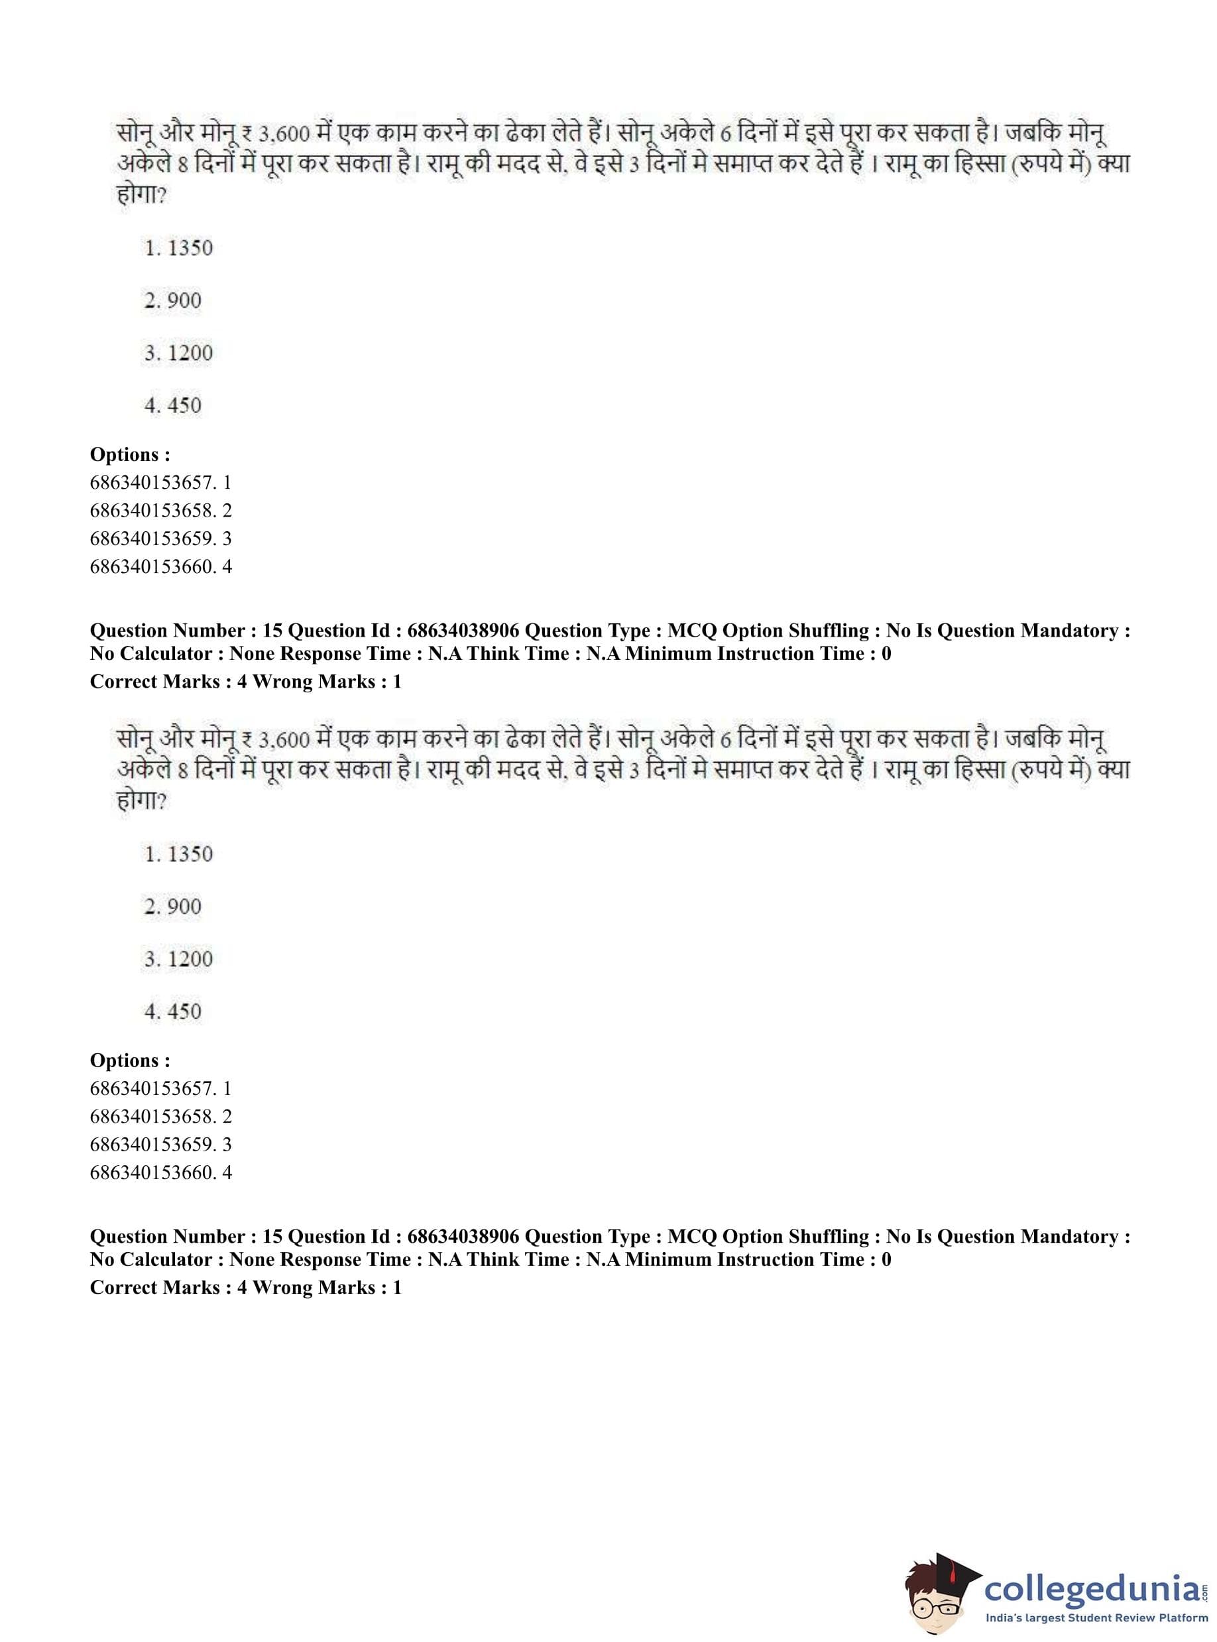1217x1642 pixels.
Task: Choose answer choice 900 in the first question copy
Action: (x=173, y=300)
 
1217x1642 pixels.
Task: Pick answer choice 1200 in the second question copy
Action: (x=179, y=959)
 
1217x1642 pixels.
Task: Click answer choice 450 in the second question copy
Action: (x=173, y=1011)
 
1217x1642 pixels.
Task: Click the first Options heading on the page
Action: (x=130, y=455)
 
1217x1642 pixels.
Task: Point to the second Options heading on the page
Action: (x=130, y=1060)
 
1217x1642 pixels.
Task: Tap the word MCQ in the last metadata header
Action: (x=692, y=1237)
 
